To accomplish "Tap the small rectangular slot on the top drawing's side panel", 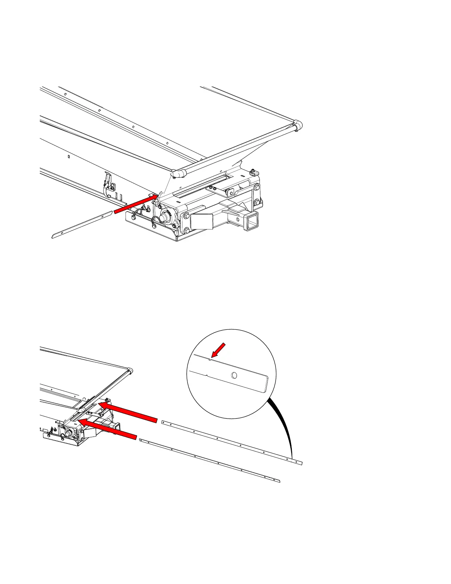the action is point(69,157).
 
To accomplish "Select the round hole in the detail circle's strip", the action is point(234,375).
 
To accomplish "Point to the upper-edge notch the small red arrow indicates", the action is point(209,359).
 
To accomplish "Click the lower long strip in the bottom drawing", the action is point(210,460).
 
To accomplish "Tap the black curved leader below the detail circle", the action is point(286,428).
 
